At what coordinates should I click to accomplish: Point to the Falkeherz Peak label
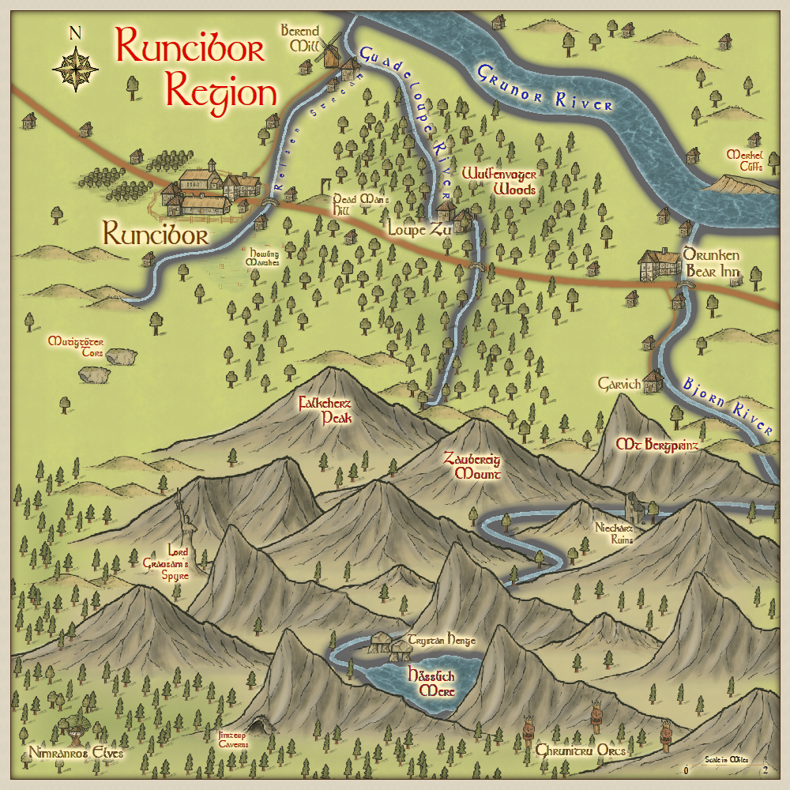pyautogui.click(x=325, y=409)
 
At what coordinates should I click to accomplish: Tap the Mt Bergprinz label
pyautogui.click(x=658, y=446)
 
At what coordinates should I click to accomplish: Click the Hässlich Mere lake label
pyautogui.click(x=430, y=683)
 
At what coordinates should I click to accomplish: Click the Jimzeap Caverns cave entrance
pyautogui.click(x=257, y=725)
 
